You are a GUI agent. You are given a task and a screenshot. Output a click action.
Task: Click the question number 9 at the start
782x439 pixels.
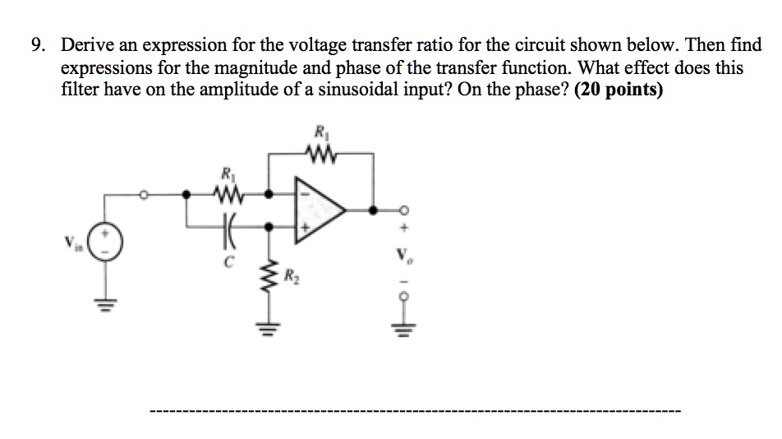(x=37, y=46)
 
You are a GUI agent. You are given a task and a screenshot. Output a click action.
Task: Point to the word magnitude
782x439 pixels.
(x=254, y=68)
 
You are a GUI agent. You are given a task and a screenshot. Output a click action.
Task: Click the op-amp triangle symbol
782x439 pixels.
(x=324, y=210)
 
